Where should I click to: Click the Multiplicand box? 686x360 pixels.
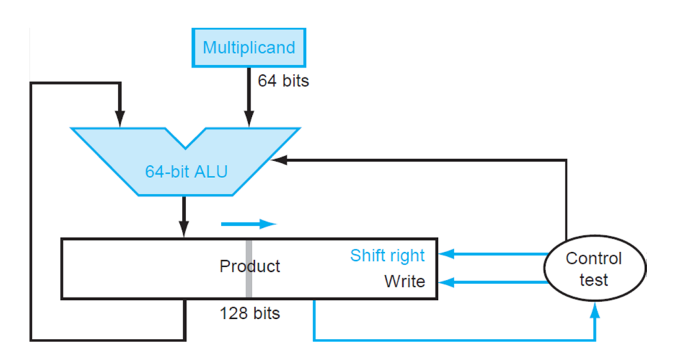tap(249, 48)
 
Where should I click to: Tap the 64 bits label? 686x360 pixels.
tap(283, 81)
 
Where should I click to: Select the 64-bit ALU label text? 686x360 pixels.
tap(187, 171)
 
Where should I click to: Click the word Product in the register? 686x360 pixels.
tap(249, 266)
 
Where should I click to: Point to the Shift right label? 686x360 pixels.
tap(387, 256)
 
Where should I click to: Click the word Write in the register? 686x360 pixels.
tap(405, 281)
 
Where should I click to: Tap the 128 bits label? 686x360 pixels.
tap(249, 313)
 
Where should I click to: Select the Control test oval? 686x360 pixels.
tap(594, 268)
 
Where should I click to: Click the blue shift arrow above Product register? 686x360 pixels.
tap(249, 224)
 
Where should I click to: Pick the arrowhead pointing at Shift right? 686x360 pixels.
tap(446, 253)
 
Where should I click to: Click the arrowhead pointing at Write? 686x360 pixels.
tap(446, 282)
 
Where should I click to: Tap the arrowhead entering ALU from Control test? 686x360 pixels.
tap(279, 160)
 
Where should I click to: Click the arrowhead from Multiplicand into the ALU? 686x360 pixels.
tap(249, 119)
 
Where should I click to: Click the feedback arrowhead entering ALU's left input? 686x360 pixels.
tap(120, 119)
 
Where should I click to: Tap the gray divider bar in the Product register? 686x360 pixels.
tap(249, 268)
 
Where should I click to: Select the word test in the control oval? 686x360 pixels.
tap(594, 280)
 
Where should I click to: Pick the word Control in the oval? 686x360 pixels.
tap(594, 258)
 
